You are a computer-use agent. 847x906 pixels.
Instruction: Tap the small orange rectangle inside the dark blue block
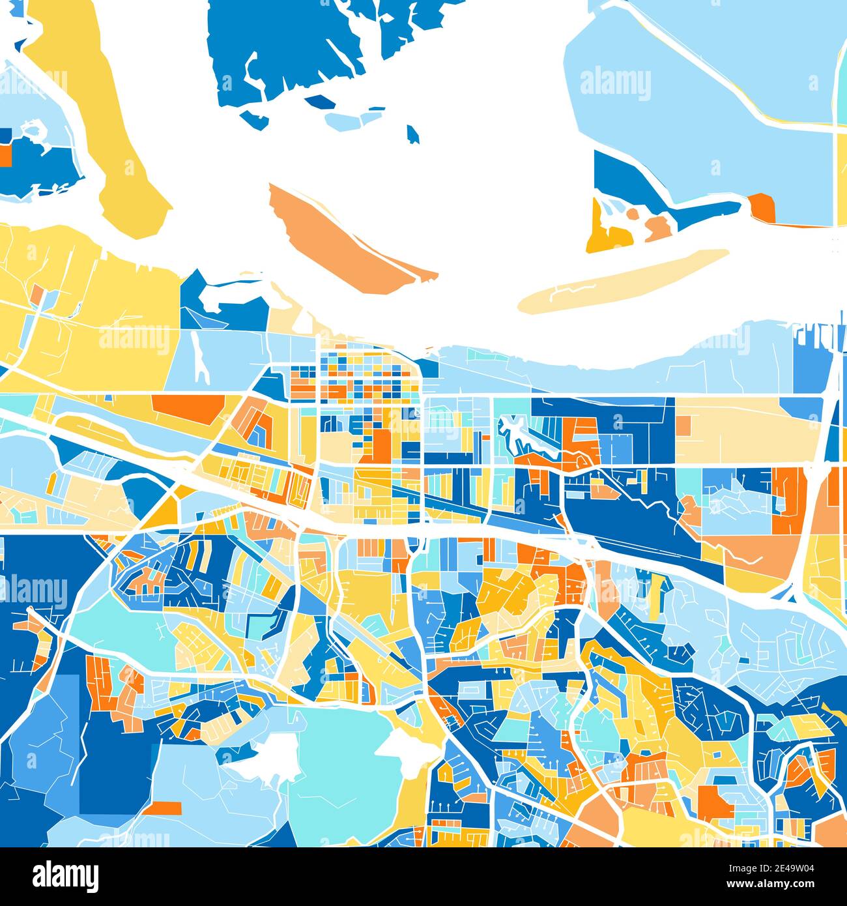(162, 808)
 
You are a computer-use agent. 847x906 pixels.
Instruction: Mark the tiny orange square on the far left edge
(5, 155)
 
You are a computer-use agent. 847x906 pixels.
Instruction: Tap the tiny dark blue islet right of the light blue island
(413, 134)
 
